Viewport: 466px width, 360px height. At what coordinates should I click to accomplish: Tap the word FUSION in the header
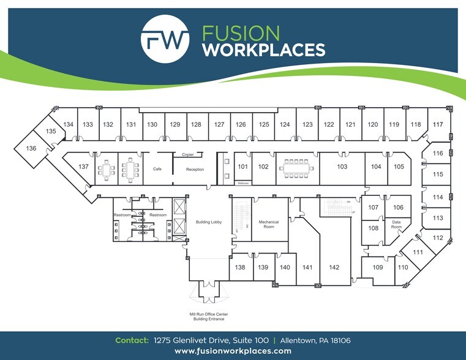point(241,32)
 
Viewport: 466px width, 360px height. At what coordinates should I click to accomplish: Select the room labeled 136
point(31,148)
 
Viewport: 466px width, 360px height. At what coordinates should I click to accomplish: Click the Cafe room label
point(157,169)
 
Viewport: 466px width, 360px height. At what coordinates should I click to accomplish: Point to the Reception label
point(195,170)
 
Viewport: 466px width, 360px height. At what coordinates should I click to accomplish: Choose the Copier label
point(187,155)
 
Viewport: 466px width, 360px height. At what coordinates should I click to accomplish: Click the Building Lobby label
point(208,222)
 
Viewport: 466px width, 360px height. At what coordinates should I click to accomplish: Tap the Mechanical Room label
point(269,224)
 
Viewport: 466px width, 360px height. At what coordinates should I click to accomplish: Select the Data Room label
point(396,225)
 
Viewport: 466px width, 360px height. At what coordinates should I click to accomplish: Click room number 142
point(334,267)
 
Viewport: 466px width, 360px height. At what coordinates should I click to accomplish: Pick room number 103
point(342,167)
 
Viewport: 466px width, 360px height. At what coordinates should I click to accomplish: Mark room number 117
point(437,124)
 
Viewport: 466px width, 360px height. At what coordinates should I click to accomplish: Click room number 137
point(84,167)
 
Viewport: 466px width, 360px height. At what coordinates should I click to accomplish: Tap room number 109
point(377,268)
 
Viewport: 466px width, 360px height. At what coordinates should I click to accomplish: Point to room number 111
point(418,252)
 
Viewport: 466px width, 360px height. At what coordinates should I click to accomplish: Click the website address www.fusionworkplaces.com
point(233,351)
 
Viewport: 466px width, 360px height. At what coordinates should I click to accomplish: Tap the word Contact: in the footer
point(131,340)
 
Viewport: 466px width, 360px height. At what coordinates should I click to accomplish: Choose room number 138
point(240,268)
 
